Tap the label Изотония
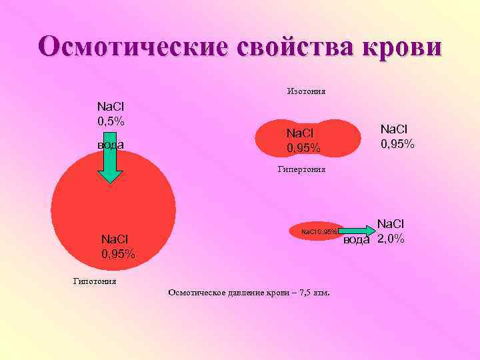point(306,91)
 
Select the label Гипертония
point(301,169)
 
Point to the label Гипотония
point(95,281)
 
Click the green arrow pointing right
point(360,231)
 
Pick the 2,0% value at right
point(391,239)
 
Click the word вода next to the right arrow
point(357,241)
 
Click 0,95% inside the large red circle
point(118,254)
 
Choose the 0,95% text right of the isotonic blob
point(398,143)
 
